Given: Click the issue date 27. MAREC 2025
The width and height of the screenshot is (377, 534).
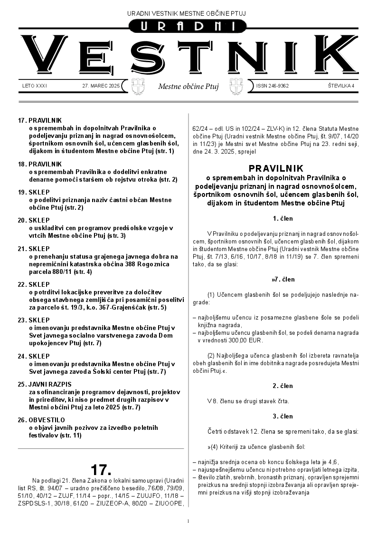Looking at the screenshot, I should tap(101, 86).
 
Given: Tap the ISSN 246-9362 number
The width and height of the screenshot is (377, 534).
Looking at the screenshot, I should tap(272, 86).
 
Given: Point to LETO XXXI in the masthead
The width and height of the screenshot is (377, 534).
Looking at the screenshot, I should tap(35, 86).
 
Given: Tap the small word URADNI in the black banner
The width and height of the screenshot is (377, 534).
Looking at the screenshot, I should tap(188, 27).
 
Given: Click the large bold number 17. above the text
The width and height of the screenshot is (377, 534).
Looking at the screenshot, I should tap(101, 470).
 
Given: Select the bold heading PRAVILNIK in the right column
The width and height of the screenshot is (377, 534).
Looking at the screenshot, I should tap(276, 168).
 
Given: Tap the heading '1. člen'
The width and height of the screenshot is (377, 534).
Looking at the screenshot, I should tap(283, 219).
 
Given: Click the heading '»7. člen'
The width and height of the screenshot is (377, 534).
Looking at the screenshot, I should tap(283, 279).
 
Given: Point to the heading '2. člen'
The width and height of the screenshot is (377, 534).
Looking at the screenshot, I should tap(283, 386).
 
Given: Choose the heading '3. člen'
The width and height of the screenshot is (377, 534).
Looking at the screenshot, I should tap(283, 416).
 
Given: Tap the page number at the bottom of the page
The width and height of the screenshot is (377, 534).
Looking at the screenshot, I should tap(188, 522).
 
